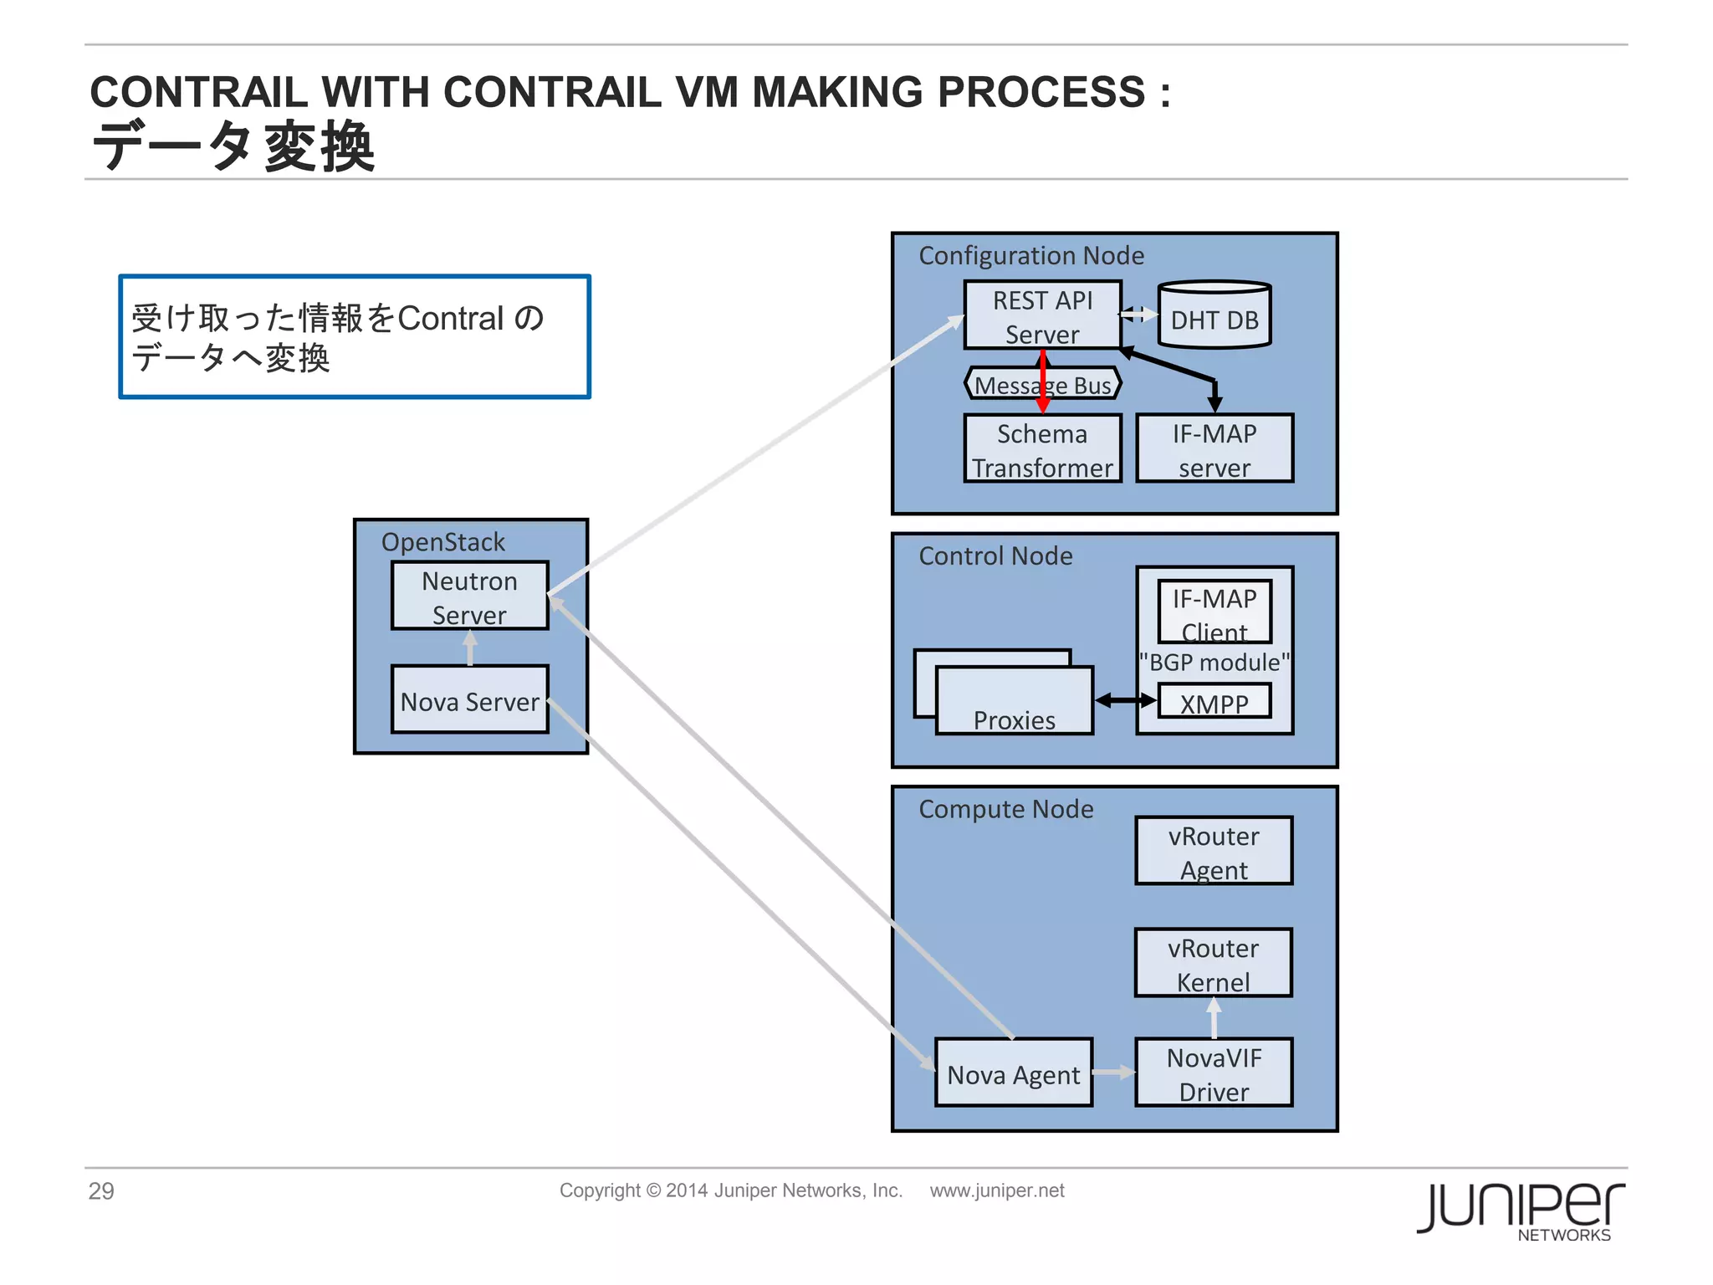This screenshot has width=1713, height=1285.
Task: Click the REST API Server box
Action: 1042,315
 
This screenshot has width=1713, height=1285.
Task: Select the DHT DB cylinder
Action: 1214,317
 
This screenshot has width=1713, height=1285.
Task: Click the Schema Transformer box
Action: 1042,449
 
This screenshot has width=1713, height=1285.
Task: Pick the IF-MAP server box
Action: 1214,449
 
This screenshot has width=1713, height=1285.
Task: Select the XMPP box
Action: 1214,702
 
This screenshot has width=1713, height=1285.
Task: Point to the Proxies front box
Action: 1014,703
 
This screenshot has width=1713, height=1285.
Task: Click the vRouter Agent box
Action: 1214,851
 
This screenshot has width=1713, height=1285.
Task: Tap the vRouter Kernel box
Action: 1213,963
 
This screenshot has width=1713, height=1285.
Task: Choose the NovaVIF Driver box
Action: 1214,1073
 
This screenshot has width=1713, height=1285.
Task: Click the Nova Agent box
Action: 1014,1073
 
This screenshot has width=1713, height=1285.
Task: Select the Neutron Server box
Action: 469,596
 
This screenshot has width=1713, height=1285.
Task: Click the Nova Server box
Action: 469,700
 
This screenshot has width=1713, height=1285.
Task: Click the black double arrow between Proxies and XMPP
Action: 1125,701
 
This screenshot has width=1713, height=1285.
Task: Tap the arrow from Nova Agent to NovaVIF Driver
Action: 1113,1073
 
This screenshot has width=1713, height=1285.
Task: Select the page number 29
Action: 101,1190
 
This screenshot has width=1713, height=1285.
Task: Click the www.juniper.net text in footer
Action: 997,1190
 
